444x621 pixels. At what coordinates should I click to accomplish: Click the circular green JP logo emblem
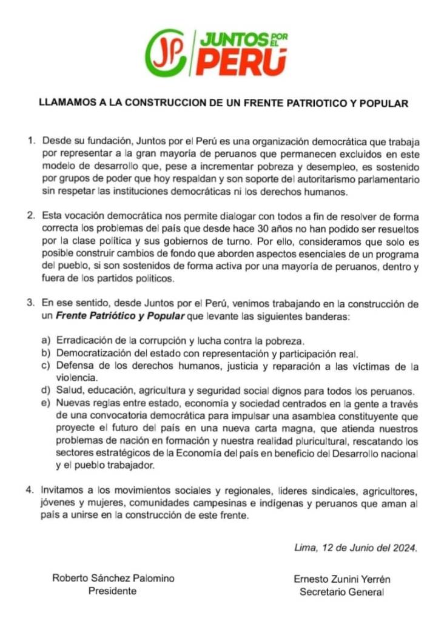tap(166, 53)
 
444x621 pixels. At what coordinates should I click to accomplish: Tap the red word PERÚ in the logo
tap(241, 62)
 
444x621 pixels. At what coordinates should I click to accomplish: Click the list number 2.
tap(32, 215)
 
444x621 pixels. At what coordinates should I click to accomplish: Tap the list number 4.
tap(32, 489)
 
